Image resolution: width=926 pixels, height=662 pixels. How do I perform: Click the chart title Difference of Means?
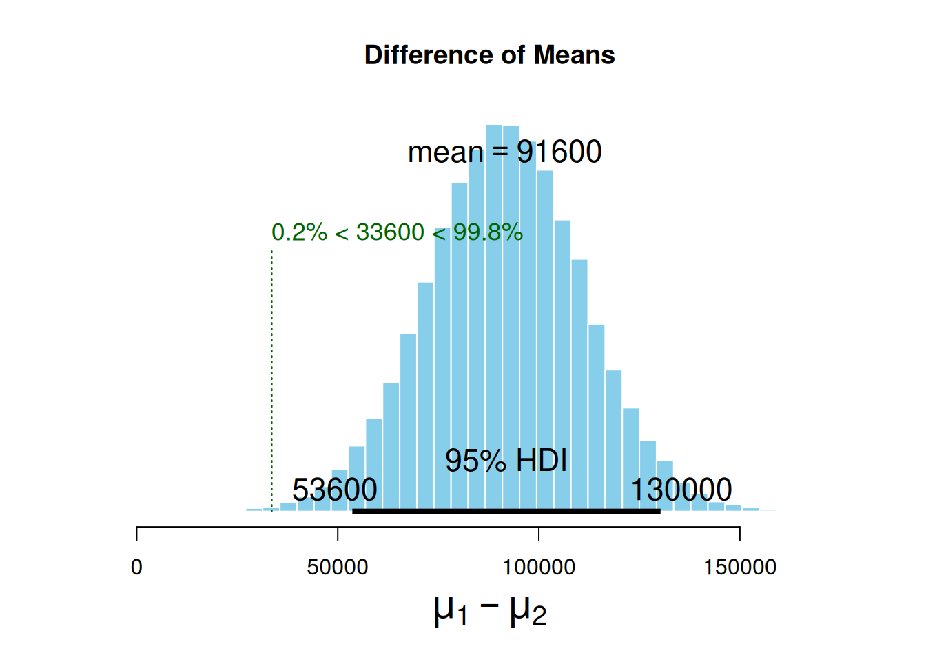(489, 55)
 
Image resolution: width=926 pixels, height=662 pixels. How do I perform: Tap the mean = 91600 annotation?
(504, 152)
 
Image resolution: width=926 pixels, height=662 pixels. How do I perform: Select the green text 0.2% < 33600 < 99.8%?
(397, 232)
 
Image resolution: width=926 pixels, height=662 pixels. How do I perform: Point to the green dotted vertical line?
(272, 379)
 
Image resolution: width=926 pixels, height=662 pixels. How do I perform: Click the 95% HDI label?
(506, 461)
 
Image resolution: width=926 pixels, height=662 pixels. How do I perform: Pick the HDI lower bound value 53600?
(335, 490)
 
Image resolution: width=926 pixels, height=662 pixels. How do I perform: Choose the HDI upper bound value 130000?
(681, 490)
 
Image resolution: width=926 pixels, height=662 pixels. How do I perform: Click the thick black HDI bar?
(506, 511)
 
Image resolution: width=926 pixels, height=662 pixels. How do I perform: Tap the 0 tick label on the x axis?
(136, 568)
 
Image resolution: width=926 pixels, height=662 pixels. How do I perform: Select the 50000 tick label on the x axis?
(338, 568)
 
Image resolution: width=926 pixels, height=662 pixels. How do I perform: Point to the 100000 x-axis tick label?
(539, 568)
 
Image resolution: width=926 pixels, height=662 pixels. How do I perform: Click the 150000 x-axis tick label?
(740, 568)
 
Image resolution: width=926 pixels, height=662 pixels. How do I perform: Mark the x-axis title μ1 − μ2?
(490, 610)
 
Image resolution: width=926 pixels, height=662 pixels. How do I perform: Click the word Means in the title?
(574, 55)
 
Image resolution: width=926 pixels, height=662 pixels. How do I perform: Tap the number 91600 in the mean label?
(559, 152)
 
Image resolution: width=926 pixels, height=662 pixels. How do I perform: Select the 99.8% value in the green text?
(488, 232)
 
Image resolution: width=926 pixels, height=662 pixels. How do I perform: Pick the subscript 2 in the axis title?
(539, 616)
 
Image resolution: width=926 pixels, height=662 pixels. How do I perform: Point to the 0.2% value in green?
(299, 232)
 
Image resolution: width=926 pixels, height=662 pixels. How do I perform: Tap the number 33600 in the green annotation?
(390, 232)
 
